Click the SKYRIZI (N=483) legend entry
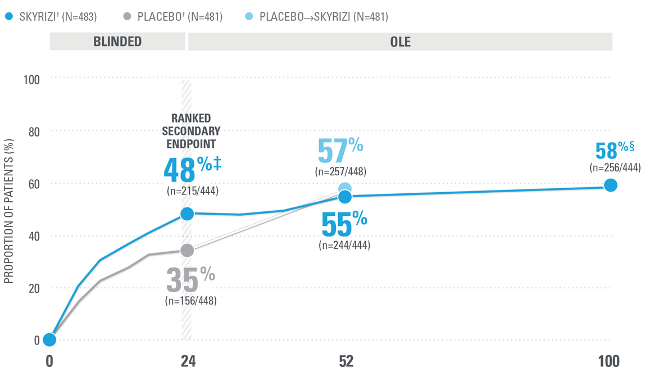[51, 17]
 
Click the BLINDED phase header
[117, 42]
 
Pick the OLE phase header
[400, 42]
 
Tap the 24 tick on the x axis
[187, 361]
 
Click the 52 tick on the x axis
[346, 361]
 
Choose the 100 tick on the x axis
[609, 361]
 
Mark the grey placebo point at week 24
[187, 250]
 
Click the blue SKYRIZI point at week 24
[187, 214]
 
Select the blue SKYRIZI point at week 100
[610, 185]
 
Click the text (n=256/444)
[615, 167]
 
